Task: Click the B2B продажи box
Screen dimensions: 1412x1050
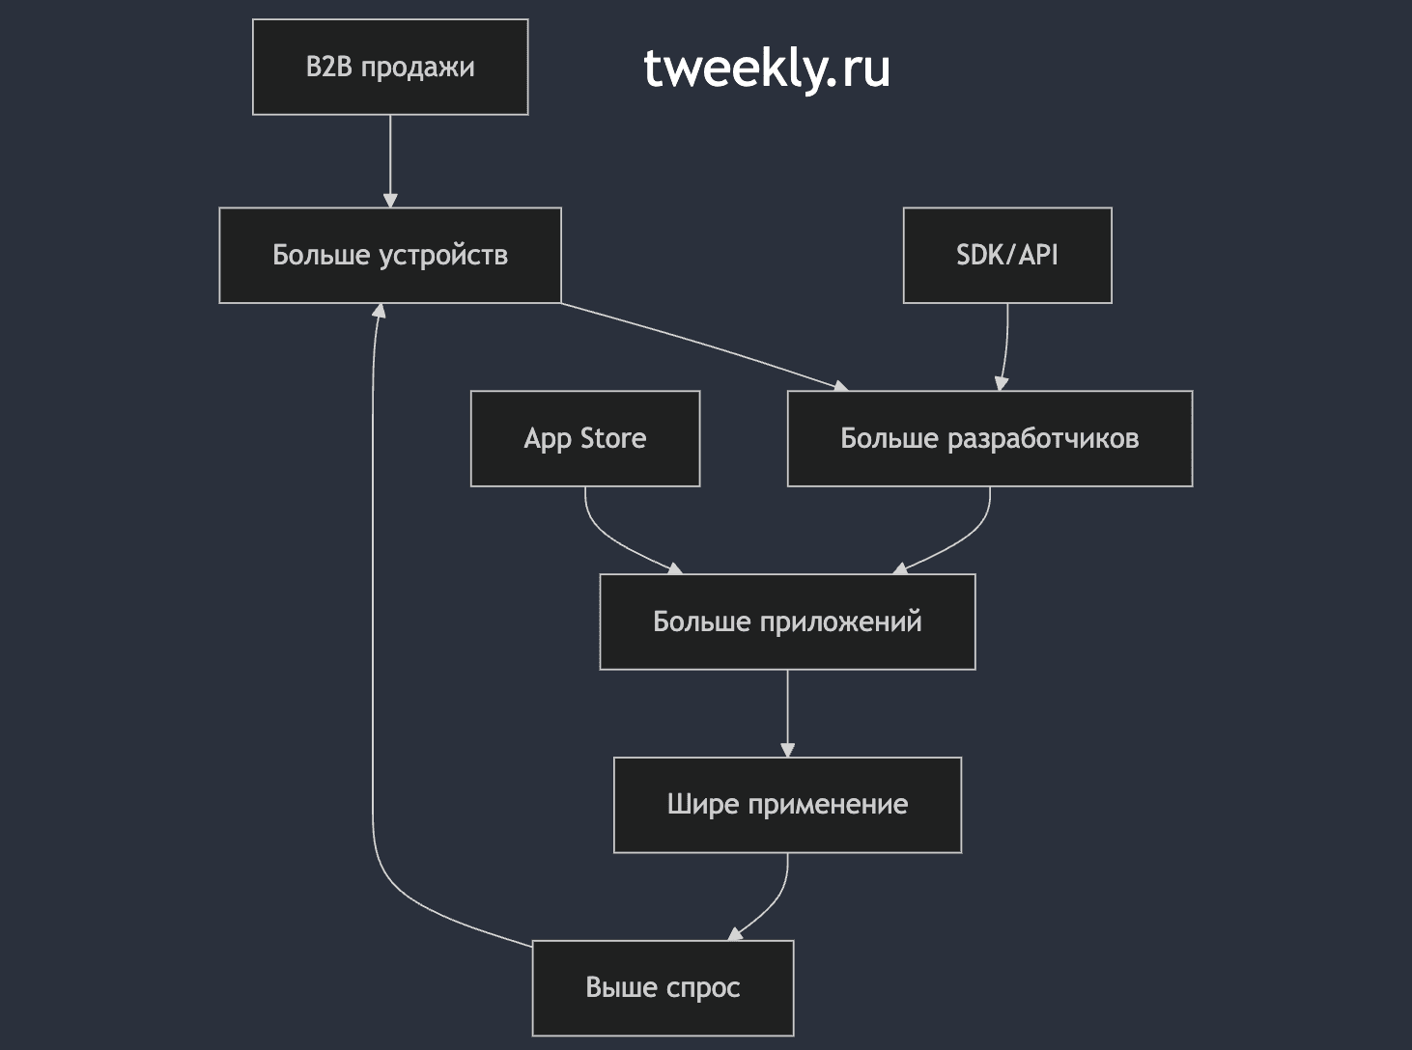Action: pyautogui.click(x=390, y=67)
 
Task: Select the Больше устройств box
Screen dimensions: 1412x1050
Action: pyautogui.click(x=390, y=255)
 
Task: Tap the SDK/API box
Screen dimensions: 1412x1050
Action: pyautogui.click(x=1007, y=255)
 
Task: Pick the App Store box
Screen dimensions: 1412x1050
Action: pyautogui.click(x=585, y=438)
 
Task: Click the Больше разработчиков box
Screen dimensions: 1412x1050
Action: pyautogui.click(x=990, y=438)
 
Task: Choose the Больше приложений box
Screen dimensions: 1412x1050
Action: pyautogui.click(x=787, y=622)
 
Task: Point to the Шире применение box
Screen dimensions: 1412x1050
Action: pyautogui.click(x=787, y=805)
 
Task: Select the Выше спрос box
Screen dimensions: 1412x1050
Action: pyautogui.click(x=663, y=988)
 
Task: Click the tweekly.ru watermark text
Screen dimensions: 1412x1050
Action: pyautogui.click(x=767, y=69)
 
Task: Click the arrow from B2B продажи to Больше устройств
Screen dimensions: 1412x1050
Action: pyautogui.click(x=390, y=161)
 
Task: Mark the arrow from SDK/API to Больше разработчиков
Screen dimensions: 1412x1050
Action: pyautogui.click(x=1005, y=346)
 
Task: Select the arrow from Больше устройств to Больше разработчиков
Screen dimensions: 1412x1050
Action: pyautogui.click(x=705, y=345)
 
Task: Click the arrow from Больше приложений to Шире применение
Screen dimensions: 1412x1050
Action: pyautogui.click(x=787, y=713)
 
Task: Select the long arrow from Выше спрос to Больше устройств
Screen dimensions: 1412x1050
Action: pyautogui.click(x=373, y=636)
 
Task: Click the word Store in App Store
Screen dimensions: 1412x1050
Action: pyautogui.click(x=613, y=438)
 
